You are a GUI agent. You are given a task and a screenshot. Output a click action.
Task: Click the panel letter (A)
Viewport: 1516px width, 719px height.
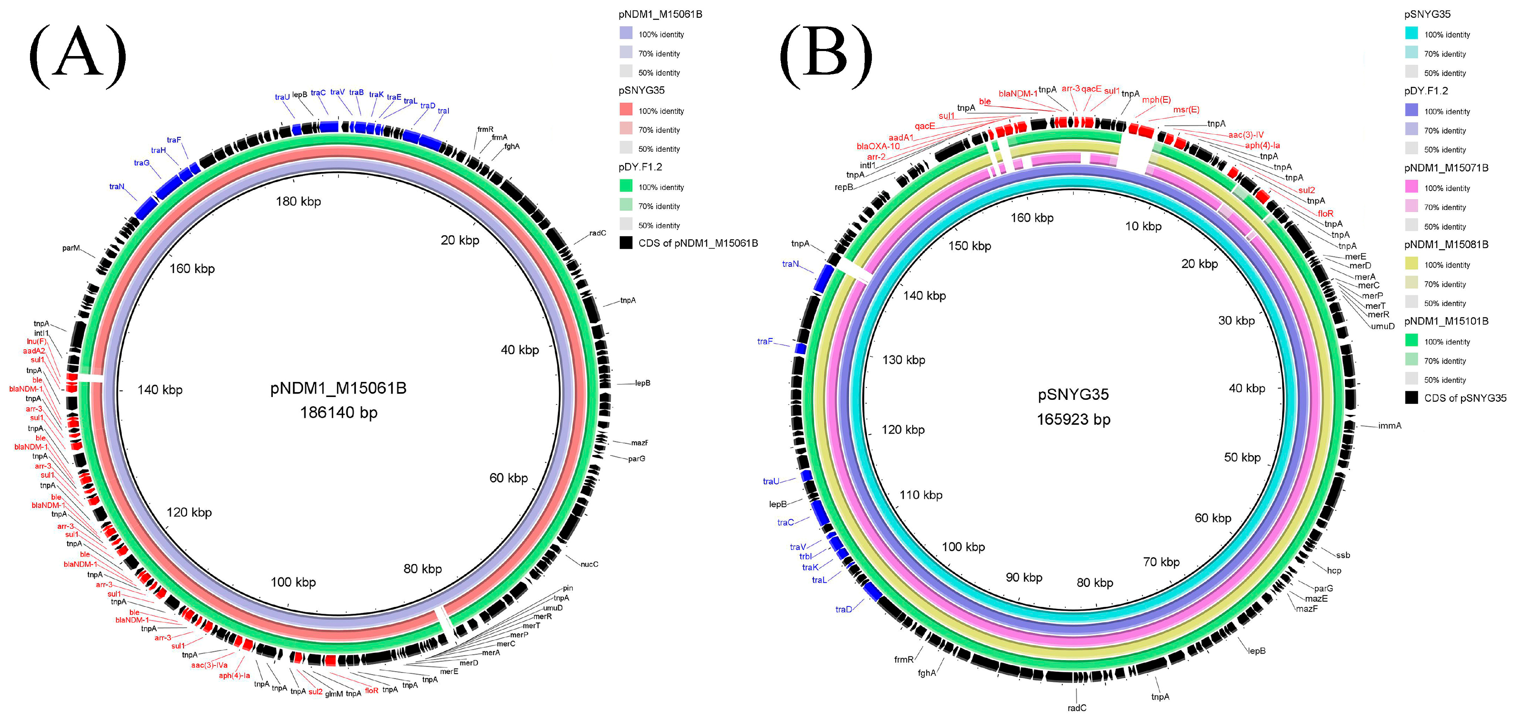78,54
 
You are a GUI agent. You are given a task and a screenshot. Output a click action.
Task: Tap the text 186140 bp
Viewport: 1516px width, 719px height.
338,412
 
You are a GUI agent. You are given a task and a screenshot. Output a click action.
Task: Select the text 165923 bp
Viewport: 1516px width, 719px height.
1073,419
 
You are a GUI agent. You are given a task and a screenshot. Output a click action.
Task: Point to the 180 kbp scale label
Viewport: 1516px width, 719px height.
298,202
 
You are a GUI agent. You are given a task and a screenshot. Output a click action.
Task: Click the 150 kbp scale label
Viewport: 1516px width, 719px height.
969,246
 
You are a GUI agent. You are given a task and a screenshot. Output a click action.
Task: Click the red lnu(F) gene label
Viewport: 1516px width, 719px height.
36,341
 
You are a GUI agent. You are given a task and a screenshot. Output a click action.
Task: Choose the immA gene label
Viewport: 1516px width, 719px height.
1390,426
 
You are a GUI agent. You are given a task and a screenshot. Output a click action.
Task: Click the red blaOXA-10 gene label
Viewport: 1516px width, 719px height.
878,146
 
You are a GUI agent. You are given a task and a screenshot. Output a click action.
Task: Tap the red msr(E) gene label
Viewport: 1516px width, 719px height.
1186,110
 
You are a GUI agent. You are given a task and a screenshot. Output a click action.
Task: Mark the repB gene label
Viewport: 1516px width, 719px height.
843,187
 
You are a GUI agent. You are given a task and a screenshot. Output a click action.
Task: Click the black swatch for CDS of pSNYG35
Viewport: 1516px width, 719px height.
1411,398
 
